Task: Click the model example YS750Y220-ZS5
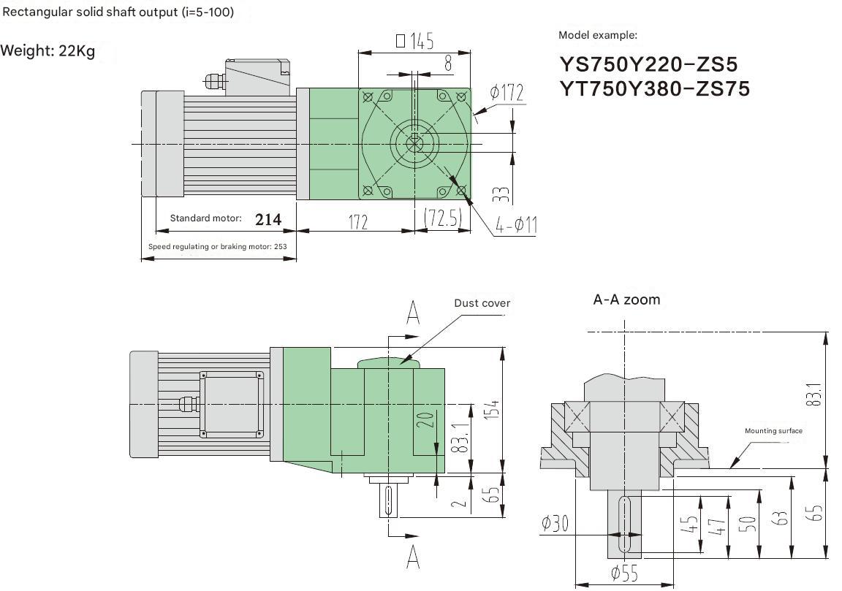648,64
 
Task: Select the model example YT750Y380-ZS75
654,88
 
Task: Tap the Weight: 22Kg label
48,52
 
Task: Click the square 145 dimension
414,41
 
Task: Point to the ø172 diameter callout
507,93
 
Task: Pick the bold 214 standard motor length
268,219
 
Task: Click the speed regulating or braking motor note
217,247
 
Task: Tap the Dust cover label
482,303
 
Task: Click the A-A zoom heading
626,300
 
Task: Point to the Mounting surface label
773,431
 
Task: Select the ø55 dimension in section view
624,574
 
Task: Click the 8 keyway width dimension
447,64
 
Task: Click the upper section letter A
413,314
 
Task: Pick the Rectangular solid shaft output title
118,12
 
